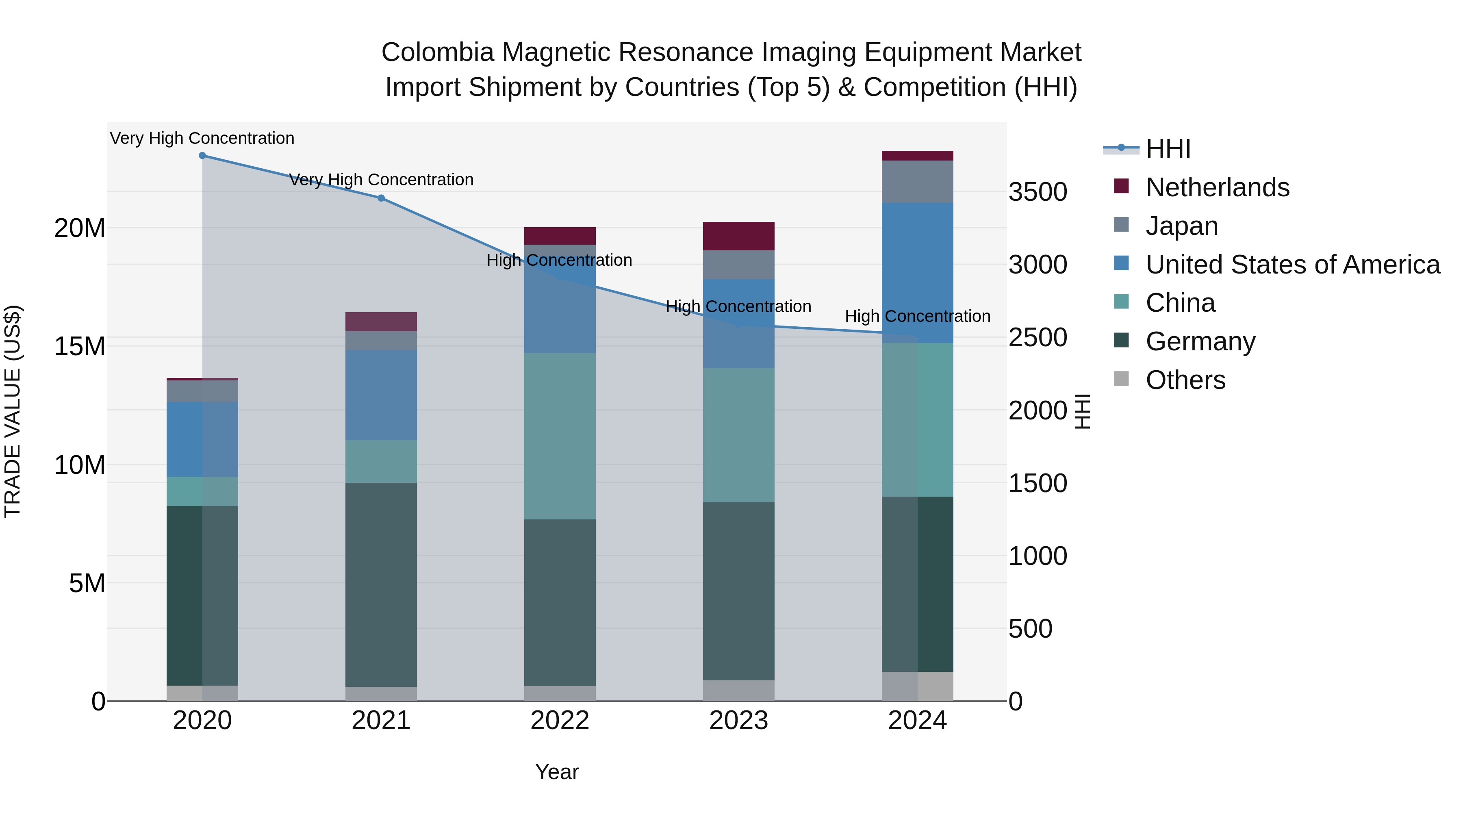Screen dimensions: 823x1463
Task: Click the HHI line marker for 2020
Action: point(202,156)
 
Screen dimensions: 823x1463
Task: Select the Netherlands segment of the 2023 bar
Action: point(738,236)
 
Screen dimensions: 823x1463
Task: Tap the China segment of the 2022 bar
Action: point(560,436)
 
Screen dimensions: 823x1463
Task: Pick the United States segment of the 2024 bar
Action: point(917,273)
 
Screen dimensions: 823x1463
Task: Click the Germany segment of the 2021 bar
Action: point(381,584)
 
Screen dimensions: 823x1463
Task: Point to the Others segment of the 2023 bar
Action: point(738,690)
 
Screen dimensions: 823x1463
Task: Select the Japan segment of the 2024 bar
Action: point(917,182)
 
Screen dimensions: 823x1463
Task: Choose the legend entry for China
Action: point(1180,303)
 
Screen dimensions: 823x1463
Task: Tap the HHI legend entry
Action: point(1168,149)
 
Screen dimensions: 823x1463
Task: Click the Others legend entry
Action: point(1185,380)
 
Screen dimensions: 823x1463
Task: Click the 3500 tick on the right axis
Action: point(1038,192)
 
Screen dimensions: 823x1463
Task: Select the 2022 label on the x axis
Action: point(560,721)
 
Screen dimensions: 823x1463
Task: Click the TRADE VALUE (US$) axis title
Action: point(13,411)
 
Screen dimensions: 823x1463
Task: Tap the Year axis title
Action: point(557,772)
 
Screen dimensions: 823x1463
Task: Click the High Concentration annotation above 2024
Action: point(917,316)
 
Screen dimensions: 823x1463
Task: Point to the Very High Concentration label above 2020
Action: point(202,139)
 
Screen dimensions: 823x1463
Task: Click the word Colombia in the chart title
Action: point(437,52)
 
